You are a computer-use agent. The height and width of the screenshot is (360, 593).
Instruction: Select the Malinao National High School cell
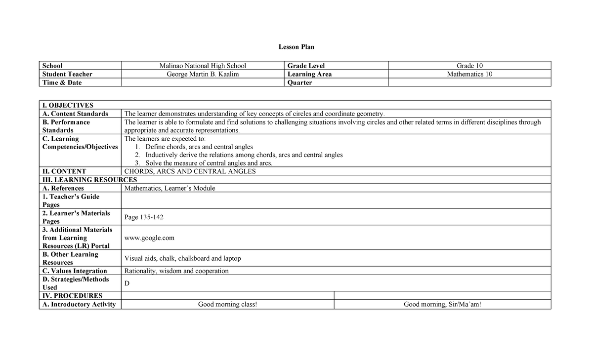(x=203, y=66)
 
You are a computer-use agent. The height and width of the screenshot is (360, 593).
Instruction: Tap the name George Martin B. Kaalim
(x=203, y=74)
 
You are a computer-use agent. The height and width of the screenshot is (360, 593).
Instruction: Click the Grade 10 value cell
(x=469, y=66)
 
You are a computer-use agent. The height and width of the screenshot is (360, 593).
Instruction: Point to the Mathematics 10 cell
(x=469, y=74)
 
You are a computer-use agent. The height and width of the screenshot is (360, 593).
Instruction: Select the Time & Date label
(x=62, y=82)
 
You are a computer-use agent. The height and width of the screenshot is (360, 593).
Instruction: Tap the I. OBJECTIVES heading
(x=68, y=105)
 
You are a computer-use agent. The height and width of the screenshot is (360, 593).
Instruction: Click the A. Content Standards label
(x=75, y=114)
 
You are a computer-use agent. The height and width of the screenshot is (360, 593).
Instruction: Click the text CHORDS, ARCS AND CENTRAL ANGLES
(x=190, y=171)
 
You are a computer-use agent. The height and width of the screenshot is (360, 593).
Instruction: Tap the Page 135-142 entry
(x=144, y=217)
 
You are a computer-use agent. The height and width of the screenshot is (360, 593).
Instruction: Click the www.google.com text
(x=150, y=238)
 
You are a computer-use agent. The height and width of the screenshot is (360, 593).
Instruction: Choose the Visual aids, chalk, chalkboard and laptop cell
(x=183, y=258)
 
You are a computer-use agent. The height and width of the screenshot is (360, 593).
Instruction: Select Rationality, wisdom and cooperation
(x=176, y=271)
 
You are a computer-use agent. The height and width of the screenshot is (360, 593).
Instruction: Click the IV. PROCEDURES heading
(x=72, y=296)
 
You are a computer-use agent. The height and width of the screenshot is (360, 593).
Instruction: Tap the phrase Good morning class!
(x=227, y=304)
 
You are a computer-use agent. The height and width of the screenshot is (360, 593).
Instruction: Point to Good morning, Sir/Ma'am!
(x=442, y=304)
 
